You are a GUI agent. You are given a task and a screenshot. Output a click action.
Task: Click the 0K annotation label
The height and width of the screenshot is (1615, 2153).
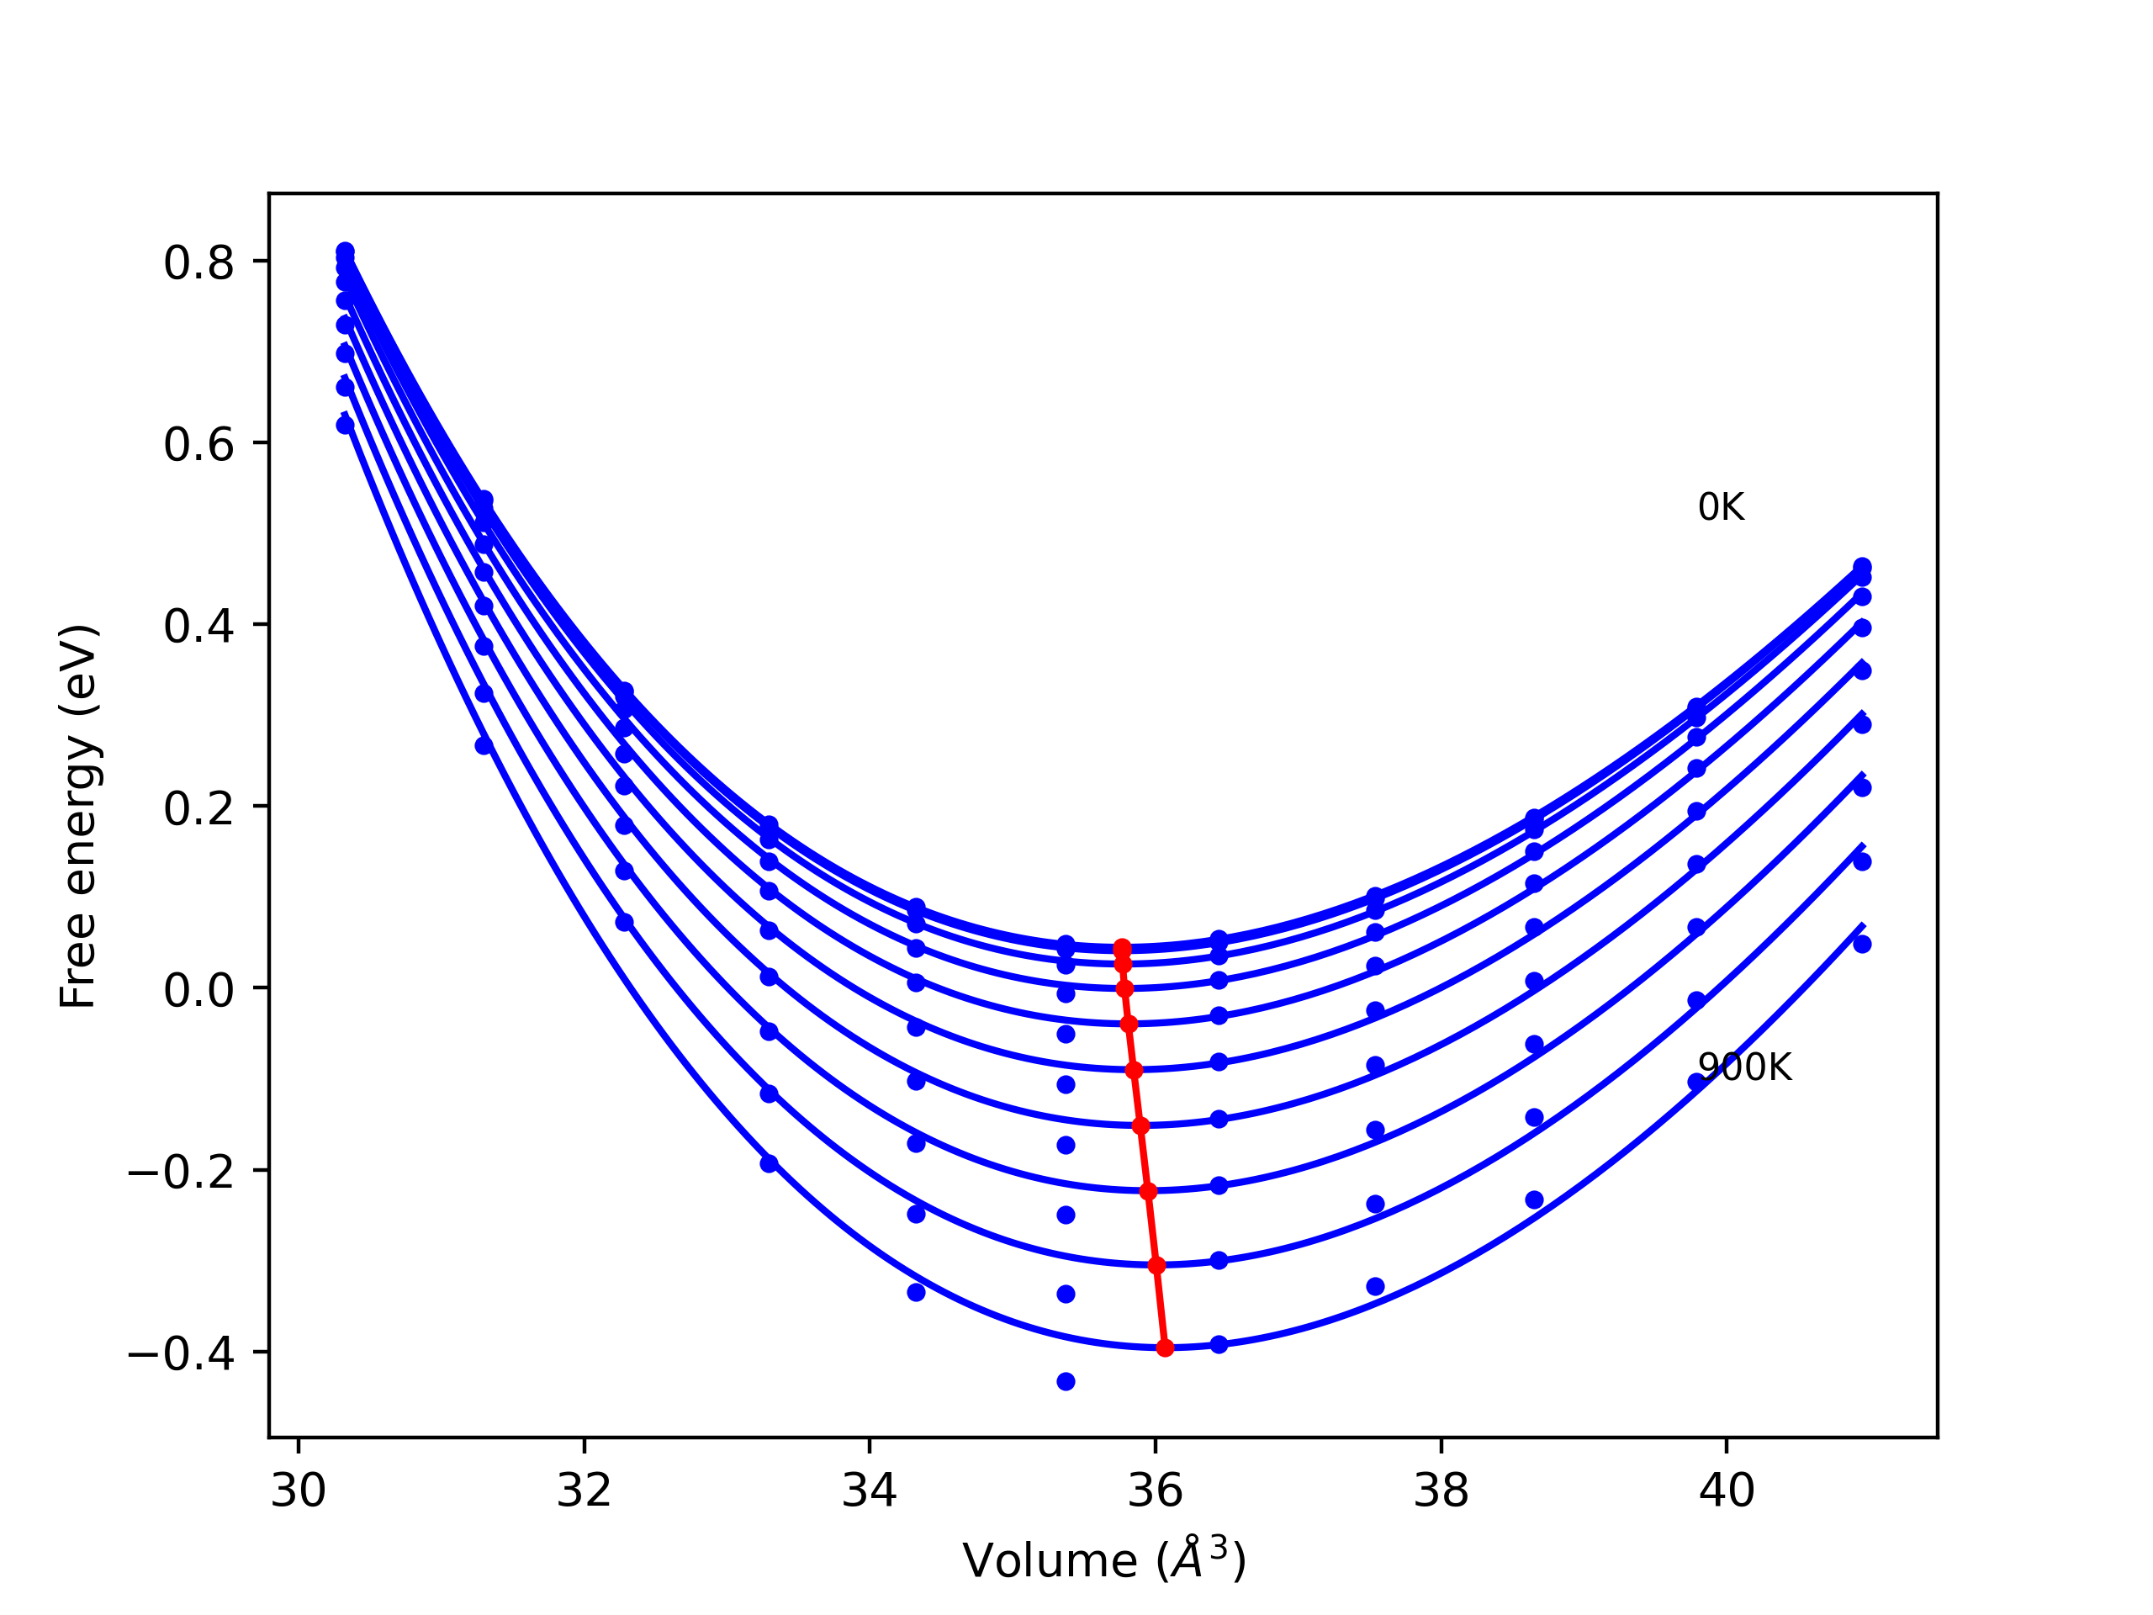pyautogui.click(x=1721, y=507)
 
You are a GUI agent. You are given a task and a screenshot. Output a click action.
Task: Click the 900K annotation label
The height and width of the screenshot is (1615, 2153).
pyautogui.click(x=1744, y=1068)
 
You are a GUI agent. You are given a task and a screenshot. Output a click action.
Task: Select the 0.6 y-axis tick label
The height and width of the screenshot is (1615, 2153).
pyautogui.click(x=198, y=445)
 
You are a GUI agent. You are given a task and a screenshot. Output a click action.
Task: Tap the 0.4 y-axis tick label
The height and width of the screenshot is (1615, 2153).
pyautogui.click(x=198, y=626)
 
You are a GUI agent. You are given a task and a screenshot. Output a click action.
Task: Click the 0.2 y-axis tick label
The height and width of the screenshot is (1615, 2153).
pyautogui.click(x=198, y=808)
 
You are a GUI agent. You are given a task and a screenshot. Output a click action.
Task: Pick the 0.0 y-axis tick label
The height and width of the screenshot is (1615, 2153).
pyautogui.click(x=198, y=990)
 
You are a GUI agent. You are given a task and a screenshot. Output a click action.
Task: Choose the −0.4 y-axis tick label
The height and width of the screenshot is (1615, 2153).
pyautogui.click(x=181, y=1354)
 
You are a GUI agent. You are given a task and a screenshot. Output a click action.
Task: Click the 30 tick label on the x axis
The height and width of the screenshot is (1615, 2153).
pyautogui.click(x=298, y=1491)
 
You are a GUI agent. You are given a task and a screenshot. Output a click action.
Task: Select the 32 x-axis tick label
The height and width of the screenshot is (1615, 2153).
pyautogui.click(x=584, y=1491)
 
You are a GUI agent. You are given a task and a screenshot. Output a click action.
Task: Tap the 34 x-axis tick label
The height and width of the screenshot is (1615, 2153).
pyautogui.click(x=869, y=1491)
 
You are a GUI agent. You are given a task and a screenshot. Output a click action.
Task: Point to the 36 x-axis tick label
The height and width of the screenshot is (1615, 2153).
pyautogui.click(x=1156, y=1491)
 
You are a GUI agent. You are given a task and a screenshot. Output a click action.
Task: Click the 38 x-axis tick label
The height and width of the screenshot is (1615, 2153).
pyautogui.click(x=1442, y=1491)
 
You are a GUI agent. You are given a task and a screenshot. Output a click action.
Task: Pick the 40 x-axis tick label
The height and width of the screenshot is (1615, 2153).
pyautogui.click(x=1727, y=1491)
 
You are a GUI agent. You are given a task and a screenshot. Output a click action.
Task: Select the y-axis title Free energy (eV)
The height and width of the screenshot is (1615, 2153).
pyautogui.click(x=78, y=817)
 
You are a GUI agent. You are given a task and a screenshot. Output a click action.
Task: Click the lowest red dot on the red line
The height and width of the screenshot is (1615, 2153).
pyautogui.click(x=1165, y=1348)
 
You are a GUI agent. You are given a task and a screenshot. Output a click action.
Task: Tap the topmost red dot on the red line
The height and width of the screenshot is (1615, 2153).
pyautogui.click(x=1122, y=947)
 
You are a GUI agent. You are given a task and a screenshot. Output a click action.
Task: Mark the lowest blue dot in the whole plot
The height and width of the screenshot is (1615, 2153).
pyautogui.click(x=1066, y=1381)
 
